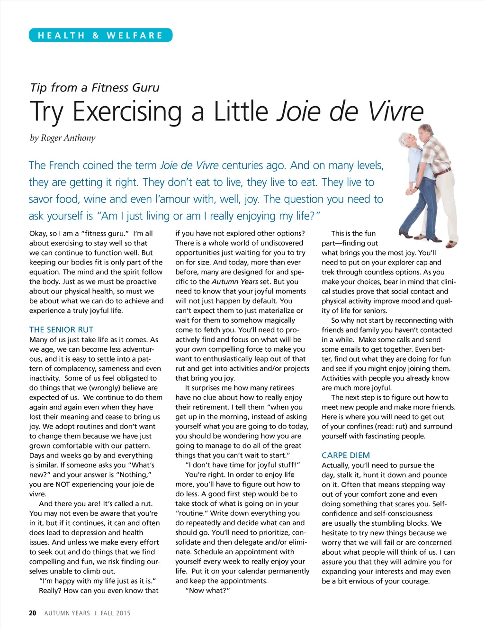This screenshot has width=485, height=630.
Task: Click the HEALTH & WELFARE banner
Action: pyautogui.click(x=100, y=36)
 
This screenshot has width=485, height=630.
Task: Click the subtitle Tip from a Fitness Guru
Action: pyautogui.click(x=95, y=88)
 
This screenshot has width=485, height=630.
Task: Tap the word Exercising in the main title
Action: pyautogui.click(x=127, y=112)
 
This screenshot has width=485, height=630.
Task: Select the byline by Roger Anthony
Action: pyautogui.click(x=63, y=138)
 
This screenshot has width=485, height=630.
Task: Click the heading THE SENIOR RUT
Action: pyautogui.click(x=61, y=329)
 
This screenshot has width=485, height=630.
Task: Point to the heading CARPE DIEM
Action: pyautogui.click(x=346, y=455)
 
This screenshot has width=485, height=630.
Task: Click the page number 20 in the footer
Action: pyautogui.click(x=33, y=613)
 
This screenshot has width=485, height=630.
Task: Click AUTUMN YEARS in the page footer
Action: pyautogui.click(x=67, y=613)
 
